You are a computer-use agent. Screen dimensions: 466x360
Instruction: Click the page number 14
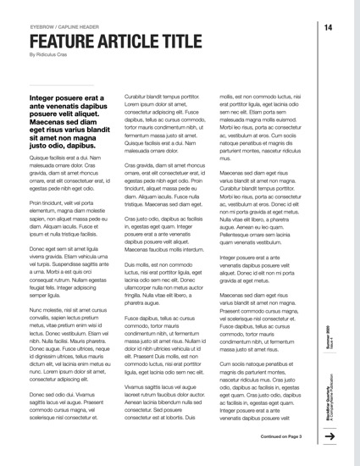click(327, 28)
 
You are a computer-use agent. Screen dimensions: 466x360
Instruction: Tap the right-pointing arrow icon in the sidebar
click(331, 436)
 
